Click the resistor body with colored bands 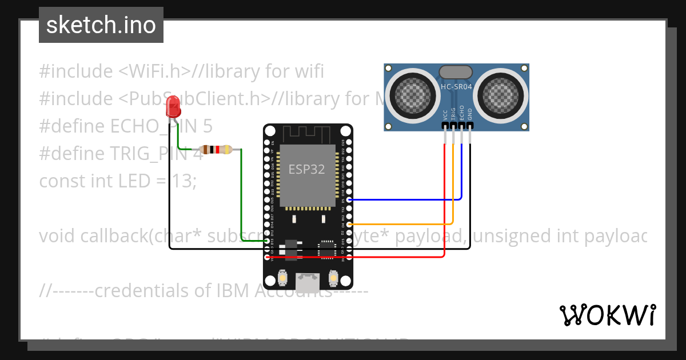click(x=218, y=150)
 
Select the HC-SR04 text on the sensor click(x=456, y=87)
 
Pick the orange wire click(x=400, y=223)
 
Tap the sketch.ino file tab click(x=101, y=25)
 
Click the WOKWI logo click(x=607, y=315)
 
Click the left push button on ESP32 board click(x=282, y=278)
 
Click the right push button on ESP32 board click(x=333, y=278)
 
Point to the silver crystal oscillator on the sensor click(x=456, y=72)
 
